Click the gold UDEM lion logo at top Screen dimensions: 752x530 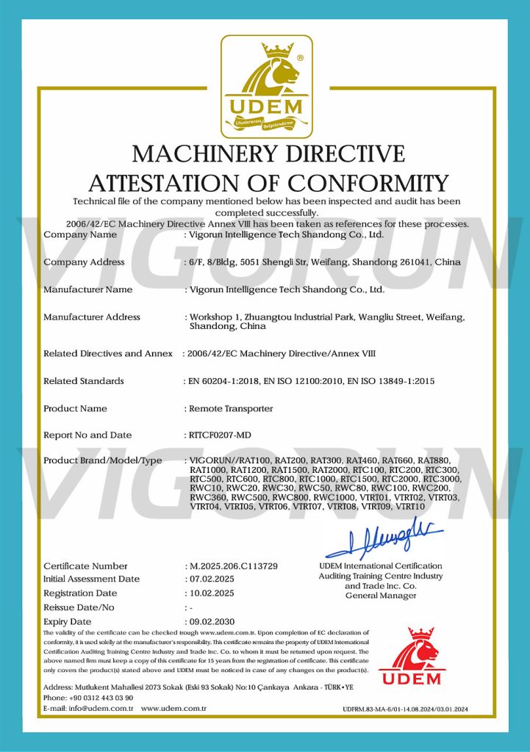(266, 84)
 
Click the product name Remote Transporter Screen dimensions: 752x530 (231, 408)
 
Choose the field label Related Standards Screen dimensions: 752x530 (84, 381)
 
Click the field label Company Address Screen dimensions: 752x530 (84, 262)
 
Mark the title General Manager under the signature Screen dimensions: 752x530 (380, 596)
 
